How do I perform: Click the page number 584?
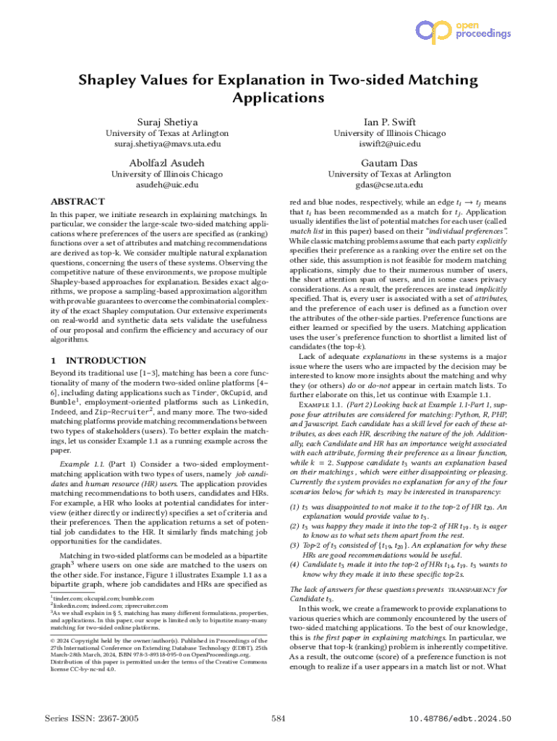point(278,718)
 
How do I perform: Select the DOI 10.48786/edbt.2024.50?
point(460,718)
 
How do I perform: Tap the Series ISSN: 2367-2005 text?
point(92,718)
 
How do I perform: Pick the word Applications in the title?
point(278,97)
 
